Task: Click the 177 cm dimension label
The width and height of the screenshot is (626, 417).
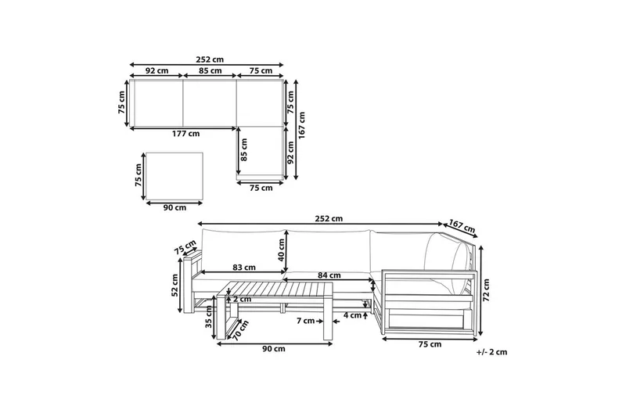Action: point(185,134)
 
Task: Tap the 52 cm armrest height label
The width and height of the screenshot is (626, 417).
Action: point(174,286)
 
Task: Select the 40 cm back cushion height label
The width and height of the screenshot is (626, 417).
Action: point(281,250)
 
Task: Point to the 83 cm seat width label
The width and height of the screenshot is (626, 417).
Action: point(243,268)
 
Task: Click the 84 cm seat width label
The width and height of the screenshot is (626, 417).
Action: point(329,275)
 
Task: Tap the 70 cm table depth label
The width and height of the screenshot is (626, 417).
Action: point(241,330)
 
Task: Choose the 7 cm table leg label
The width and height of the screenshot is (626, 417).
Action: point(306,321)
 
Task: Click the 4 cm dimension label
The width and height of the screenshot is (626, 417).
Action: point(353,315)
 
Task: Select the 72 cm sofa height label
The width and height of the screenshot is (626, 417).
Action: point(486,290)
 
